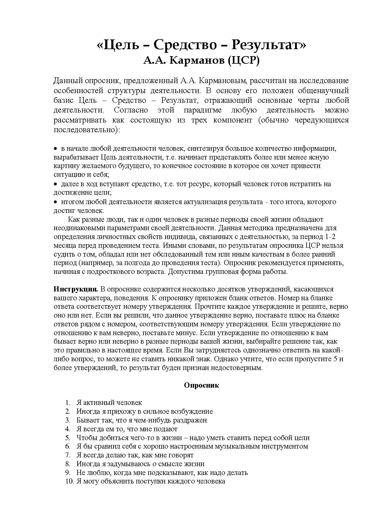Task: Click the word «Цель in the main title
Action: (x=118, y=45)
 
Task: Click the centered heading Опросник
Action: (x=201, y=385)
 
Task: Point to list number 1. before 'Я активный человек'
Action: (x=68, y=403)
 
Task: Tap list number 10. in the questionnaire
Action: (x=69, y=481)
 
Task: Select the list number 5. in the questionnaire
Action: (x=68, y=438)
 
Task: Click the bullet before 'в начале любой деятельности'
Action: (x=55, y=149)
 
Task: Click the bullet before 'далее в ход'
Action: (x=55, y=184)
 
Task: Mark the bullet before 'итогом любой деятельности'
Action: (x=55, y=202)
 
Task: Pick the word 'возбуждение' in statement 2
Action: (x=192, y=412)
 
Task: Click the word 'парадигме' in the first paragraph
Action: (x=203, y=110)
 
